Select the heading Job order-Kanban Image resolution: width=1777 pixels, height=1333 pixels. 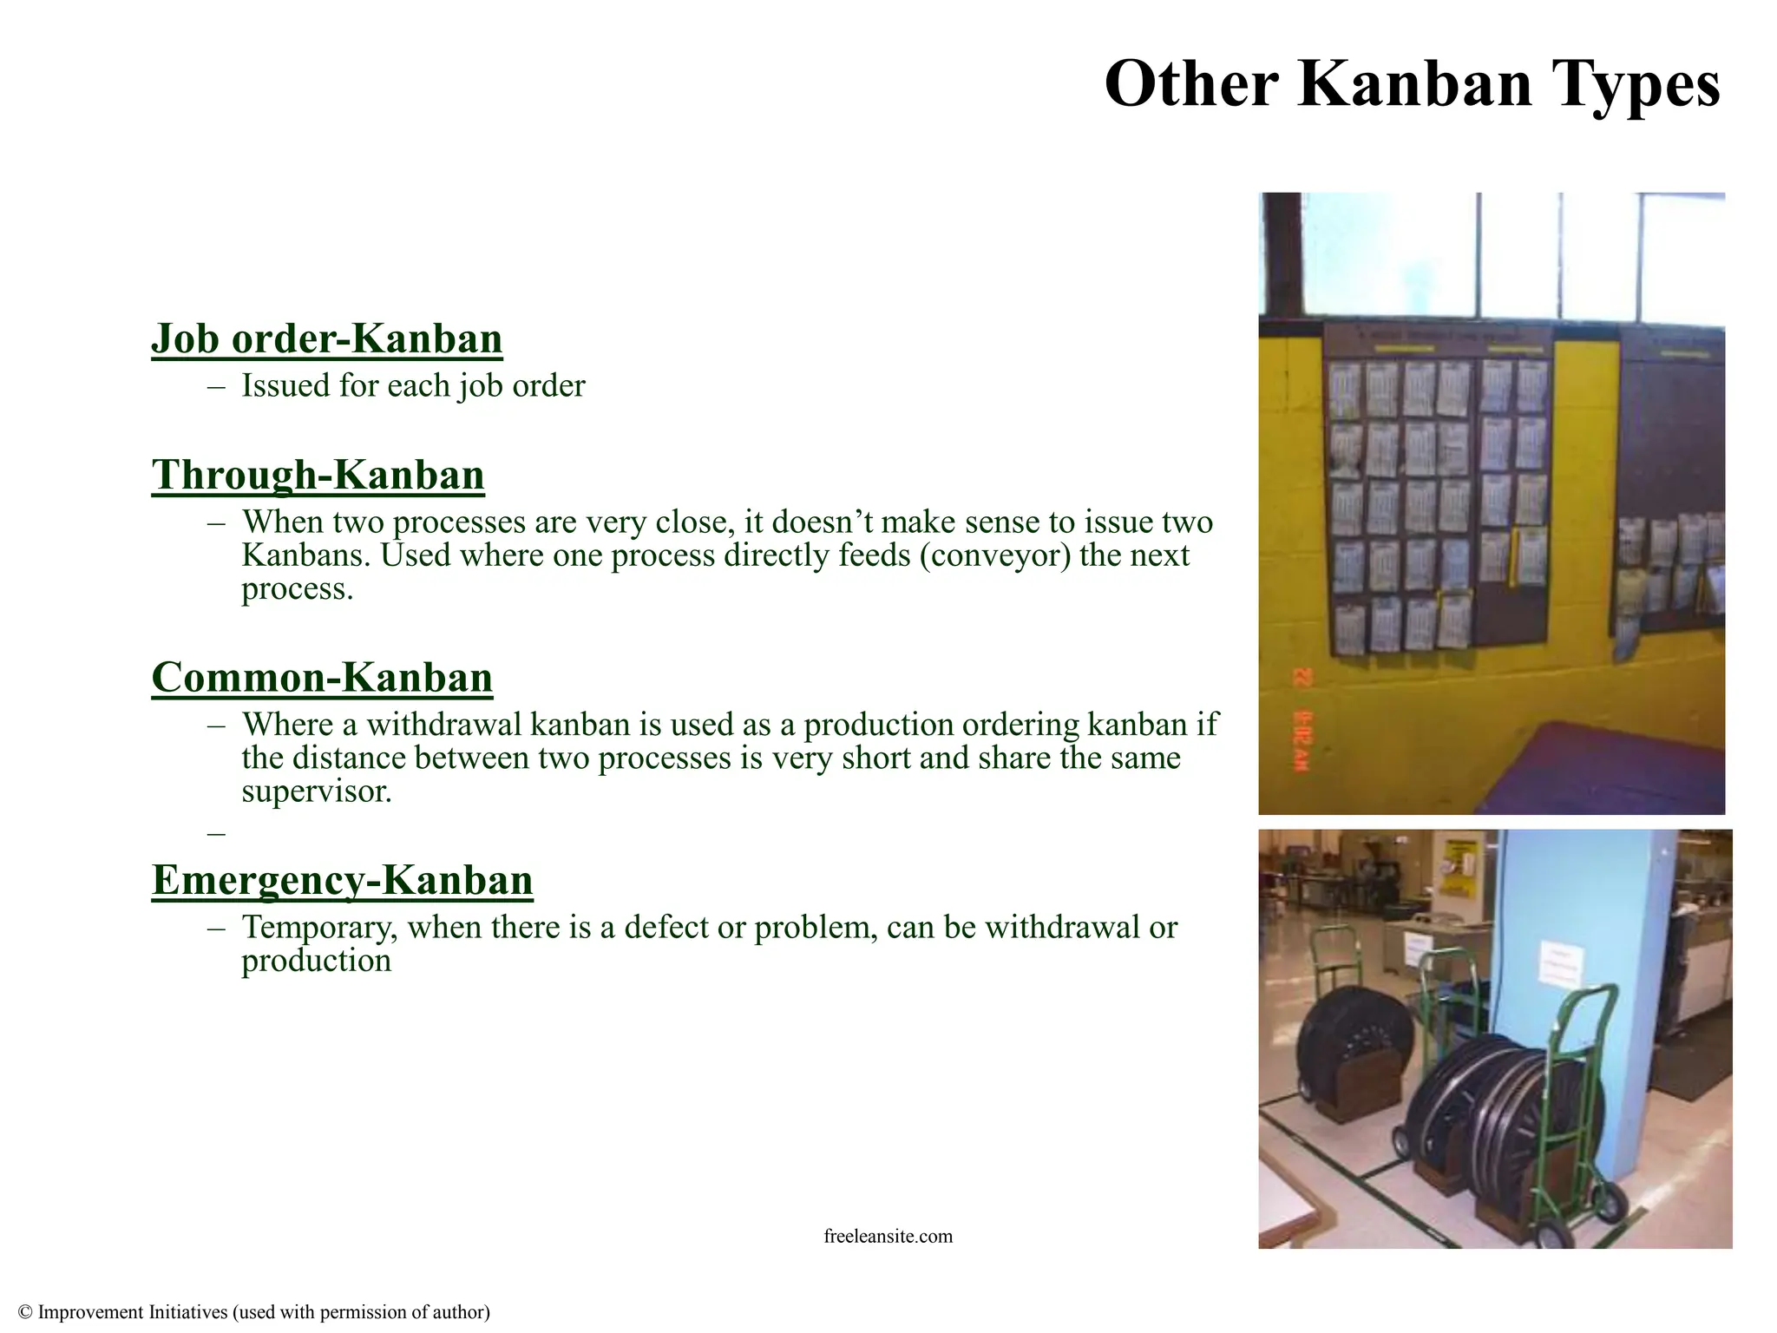[327, 338]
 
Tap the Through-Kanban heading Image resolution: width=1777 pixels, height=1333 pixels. [318, 475]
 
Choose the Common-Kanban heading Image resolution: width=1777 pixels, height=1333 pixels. [322, 678]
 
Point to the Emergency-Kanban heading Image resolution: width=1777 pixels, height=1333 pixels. [342, 880]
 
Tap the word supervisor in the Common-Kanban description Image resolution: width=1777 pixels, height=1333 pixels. [317, 791]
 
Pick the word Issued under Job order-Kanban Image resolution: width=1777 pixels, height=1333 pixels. [285, 386]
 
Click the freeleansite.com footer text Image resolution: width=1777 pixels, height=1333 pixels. [888, 1236]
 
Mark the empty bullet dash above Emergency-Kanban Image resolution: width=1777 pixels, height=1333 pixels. [217, 833]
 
